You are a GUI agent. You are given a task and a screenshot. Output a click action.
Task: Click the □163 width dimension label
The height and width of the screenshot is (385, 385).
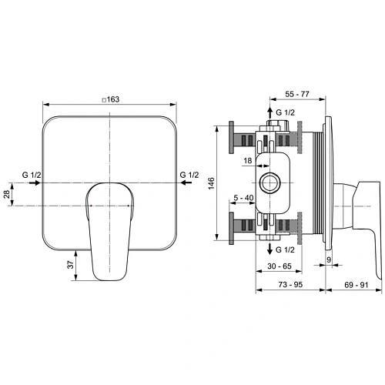tap(112, 99)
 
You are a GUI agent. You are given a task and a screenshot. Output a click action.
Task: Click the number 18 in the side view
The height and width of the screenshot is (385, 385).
tap(248, 161)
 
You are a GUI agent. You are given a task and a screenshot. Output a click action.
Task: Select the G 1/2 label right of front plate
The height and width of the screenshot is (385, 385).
tap(189, 176)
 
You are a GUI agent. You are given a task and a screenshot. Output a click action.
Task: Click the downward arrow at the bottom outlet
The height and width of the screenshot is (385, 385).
tap(270, 249)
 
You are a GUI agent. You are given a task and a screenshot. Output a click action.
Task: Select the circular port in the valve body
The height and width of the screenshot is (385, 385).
tap(270, 182)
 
